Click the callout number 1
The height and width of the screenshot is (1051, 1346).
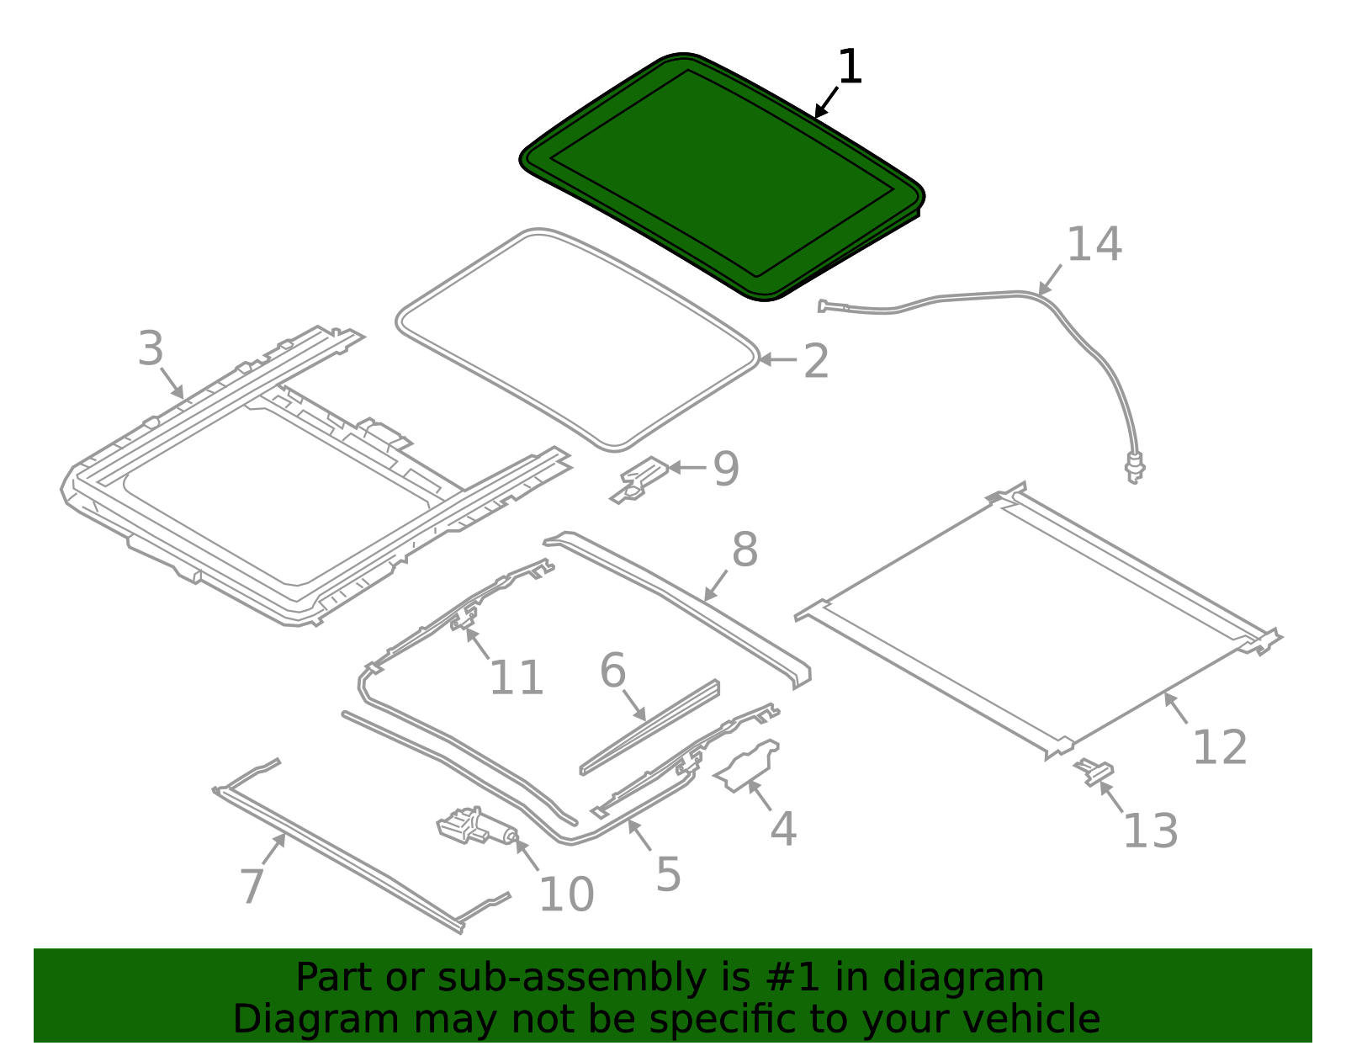(851, 67)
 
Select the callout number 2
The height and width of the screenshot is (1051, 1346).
(816, 362)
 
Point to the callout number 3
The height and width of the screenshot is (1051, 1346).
(151, 349)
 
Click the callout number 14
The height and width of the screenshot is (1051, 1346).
(1094, 245)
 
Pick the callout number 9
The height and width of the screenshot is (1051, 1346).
(726, 469)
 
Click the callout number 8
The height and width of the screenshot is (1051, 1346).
(745, 550)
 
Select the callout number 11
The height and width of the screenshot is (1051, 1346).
(516, 678)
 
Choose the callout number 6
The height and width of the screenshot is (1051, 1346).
(612, 671)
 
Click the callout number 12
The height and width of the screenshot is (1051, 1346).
(1219, 747)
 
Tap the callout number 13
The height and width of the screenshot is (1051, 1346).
(1150, 831)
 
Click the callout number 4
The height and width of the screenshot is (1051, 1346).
(783, 830)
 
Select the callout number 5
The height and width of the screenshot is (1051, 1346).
(668, 875)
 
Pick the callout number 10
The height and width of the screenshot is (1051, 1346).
(566, 894)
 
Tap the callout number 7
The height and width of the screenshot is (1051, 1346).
(252, 886)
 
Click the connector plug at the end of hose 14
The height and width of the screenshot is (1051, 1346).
(1135, 467)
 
